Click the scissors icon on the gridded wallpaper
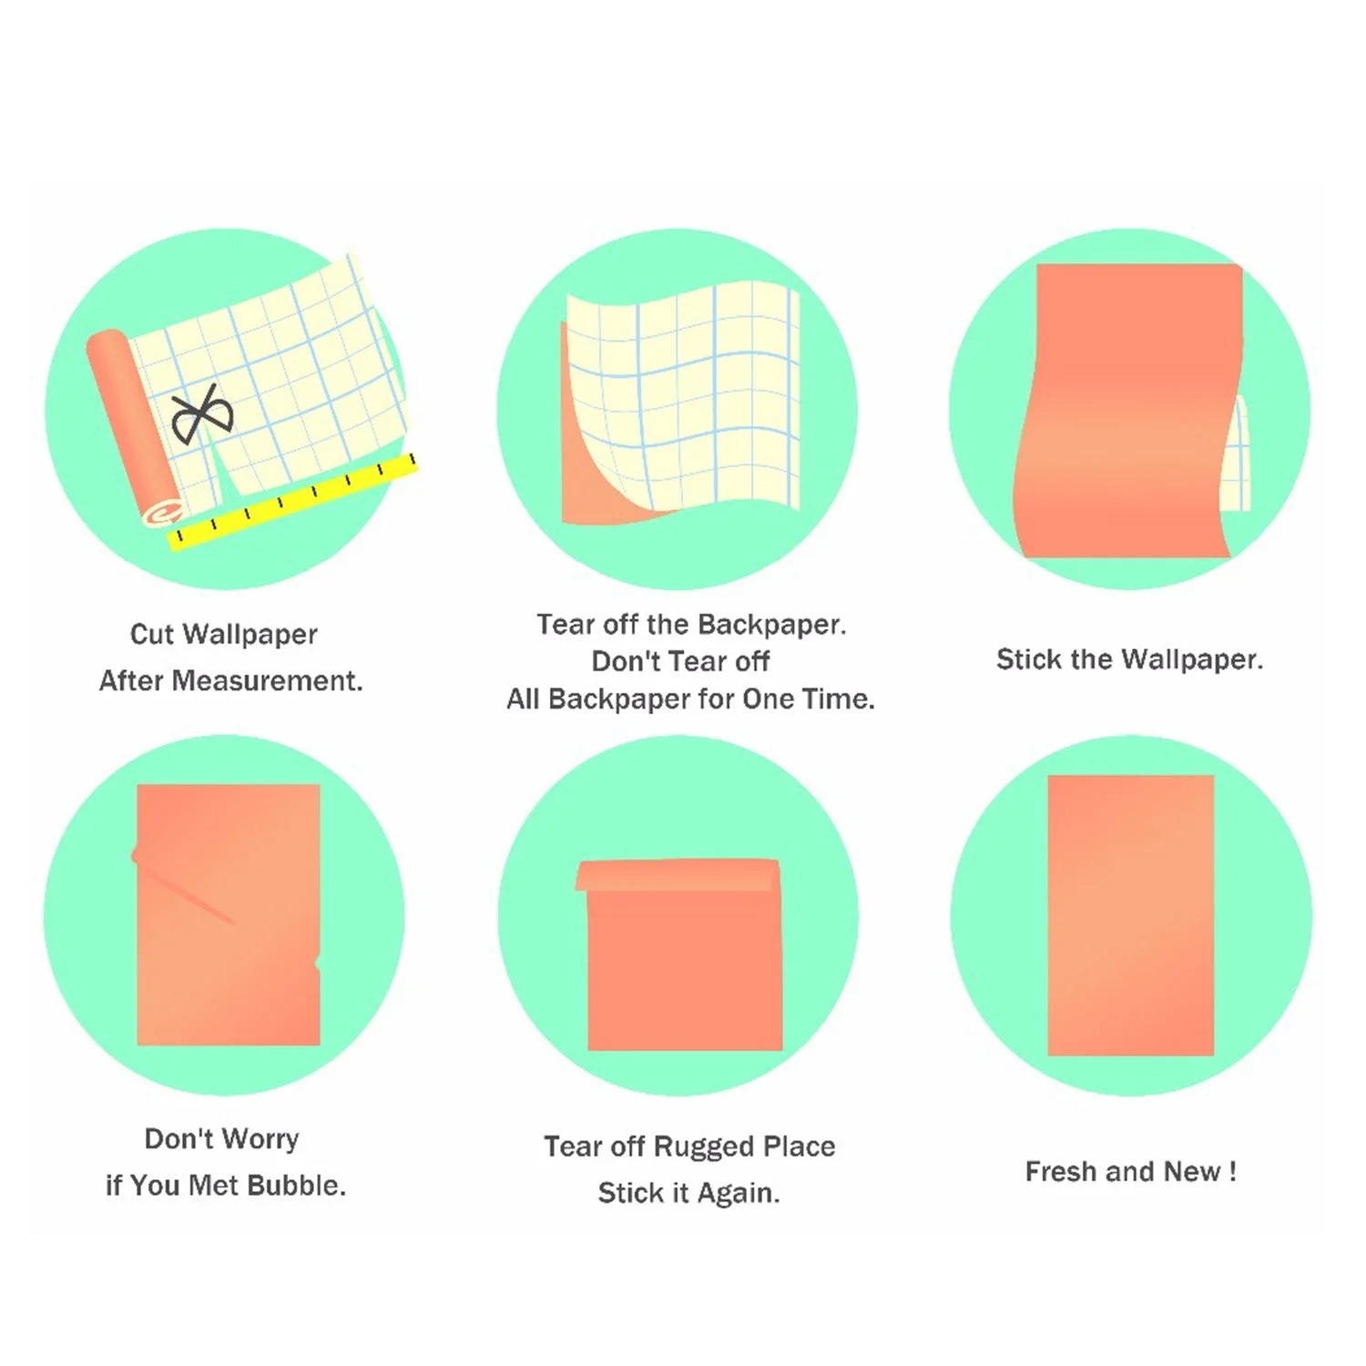(202, 415)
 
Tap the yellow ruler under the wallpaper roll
(292, 502)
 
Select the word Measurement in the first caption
(267, 680)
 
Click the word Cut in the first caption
(152, 634)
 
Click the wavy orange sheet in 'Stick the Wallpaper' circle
(1129, 411)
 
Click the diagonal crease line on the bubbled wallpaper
(187, 892)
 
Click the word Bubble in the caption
(296, 1185)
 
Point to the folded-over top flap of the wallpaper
(678, 874)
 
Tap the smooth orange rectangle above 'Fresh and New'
(1131, 915)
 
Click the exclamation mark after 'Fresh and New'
(1232, 1171)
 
